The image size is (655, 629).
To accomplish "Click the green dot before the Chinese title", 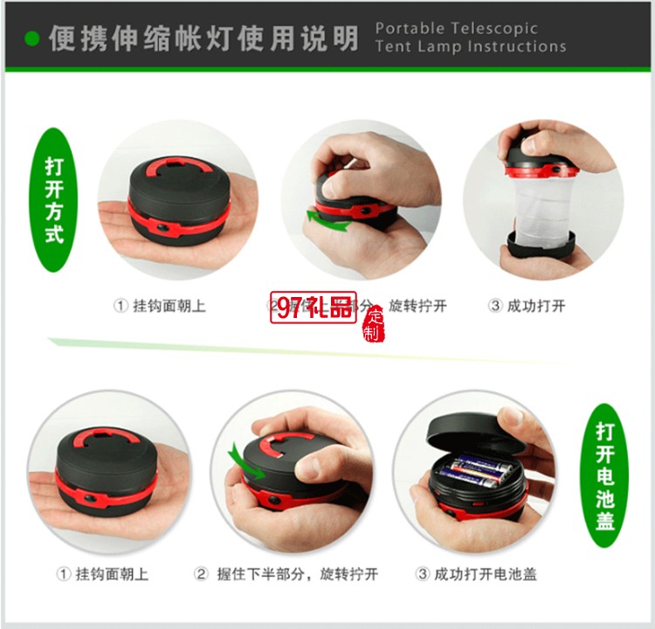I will click(32, 38).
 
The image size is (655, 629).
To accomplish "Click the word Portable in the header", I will click(407, 28).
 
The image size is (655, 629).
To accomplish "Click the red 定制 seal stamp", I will click(373, 324).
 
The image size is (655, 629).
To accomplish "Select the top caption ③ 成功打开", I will click(526, 306).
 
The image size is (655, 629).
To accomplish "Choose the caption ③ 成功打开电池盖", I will click(476, 574).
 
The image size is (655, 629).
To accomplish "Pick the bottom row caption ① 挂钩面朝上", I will click(102, 574).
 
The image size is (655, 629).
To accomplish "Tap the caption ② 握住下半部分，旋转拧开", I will click(286, 574).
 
